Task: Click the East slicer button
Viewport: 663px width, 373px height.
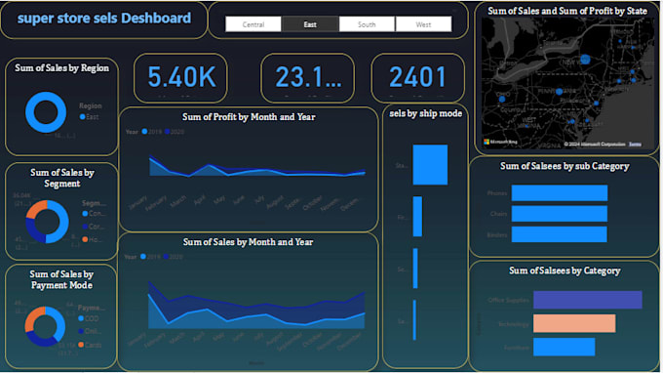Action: pos(310,23)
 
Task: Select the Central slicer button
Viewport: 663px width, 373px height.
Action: pos(253,23)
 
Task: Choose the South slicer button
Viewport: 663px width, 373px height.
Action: pos(367,23)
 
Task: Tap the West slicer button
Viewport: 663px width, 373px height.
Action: pos(423,23)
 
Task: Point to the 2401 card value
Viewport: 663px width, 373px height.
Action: pos(417,77)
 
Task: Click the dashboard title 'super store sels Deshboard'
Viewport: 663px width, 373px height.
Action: pos(104,19)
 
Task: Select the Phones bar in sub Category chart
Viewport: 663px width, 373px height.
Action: pos(559,192)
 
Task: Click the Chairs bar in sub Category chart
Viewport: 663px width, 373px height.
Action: pos(558,214)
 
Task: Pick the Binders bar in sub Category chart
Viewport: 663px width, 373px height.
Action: pos(558,234)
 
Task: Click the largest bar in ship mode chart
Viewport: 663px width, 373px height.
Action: pos(430,165)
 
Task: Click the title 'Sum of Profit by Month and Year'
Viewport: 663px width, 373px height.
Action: pos(249,117)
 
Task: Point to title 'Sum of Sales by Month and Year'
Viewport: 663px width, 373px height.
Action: pos(249,241)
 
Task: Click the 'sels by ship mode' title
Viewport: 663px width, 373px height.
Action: pos(425,113)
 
